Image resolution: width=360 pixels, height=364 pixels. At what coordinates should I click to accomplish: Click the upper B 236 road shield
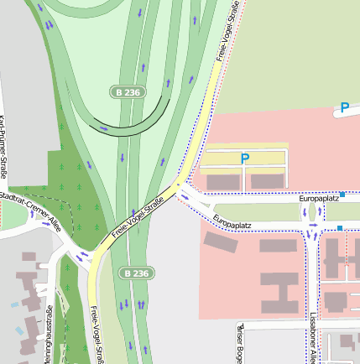(126, 91)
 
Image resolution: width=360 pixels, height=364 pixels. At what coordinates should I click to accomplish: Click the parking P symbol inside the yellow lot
(245, 158)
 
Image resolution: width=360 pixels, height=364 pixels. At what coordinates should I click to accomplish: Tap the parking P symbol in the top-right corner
(344, 107)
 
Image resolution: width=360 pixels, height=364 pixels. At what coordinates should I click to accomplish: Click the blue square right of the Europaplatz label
(342, 195)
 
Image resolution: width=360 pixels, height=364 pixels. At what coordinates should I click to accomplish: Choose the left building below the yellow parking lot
(222, 181)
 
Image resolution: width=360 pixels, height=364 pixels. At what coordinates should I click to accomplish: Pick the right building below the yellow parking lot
(268, 180)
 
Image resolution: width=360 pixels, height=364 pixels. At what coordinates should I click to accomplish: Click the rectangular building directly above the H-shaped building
(278, 247)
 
